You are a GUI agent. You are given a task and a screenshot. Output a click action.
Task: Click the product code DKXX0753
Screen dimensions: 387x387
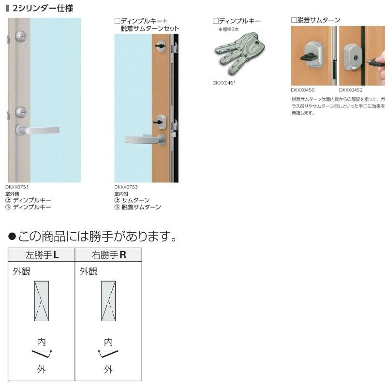coord(126,186)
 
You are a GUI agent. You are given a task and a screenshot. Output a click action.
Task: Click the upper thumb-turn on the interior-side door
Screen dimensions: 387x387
coord(160,45)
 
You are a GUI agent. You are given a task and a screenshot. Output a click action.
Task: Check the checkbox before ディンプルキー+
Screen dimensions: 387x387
coord(117,21)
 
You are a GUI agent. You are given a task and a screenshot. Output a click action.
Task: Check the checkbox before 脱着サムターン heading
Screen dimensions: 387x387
coord(294,20)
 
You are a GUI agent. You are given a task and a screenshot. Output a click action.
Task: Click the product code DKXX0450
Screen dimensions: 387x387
coord(303,90)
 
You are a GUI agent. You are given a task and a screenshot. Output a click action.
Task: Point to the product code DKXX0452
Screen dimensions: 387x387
coord(351,90)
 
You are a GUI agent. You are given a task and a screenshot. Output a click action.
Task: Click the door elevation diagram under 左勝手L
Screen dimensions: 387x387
coord(42,300)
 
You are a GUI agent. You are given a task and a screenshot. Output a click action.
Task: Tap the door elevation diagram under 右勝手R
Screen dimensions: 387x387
coord(108,300)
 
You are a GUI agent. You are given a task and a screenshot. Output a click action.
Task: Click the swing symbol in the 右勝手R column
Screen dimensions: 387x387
coord(108,354)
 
